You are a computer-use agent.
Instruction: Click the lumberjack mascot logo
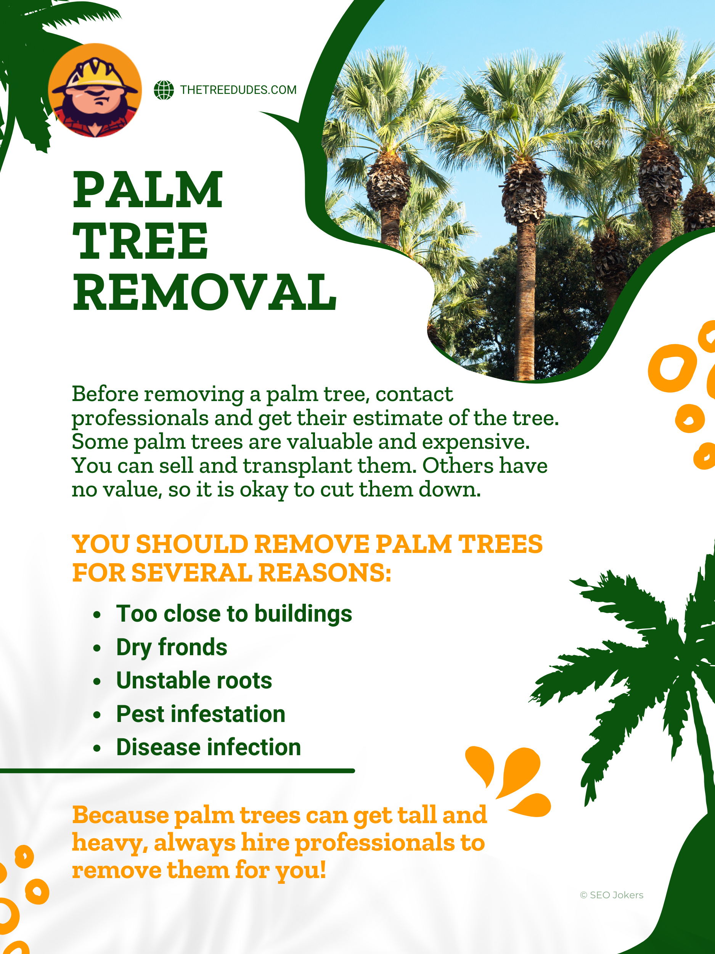(x=95, y=90)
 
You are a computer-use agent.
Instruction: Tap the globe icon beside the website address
(x=164, y=90)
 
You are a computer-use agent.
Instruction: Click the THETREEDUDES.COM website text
(x=238, y=90)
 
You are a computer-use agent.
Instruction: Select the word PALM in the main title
(x=148, y=190)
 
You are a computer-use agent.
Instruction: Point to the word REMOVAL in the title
(x=204, y=292)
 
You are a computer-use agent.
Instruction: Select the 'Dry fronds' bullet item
(x=172, y=647)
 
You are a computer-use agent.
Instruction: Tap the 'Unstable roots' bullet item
(x=194, y=680)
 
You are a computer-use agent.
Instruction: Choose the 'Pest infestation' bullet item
(x=201, y=714)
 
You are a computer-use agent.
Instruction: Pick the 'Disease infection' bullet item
(x=209, y=747)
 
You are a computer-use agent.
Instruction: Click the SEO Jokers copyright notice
(x=612, y=895)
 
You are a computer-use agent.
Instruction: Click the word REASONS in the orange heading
(x=325, y=573)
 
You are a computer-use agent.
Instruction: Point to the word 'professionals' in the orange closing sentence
(x=374, y=843)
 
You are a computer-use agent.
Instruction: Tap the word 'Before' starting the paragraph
(x=105, y=394)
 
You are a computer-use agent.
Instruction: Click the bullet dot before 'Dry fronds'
(x=97, y=648)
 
